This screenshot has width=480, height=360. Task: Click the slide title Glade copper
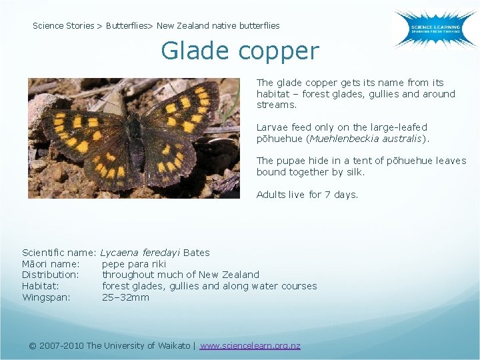click(x=240, y=51)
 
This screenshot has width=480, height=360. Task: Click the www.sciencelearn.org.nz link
click(x=250, y=345)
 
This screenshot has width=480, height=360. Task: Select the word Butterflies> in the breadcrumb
click(x=129, y=26)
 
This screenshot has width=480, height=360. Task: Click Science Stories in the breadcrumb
click(x=63, y=26)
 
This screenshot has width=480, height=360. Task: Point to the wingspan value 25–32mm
click(x=125, y=297)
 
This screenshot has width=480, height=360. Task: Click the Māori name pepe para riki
click(x=133, y=263)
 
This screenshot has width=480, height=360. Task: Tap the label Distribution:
click(x=51, y=275)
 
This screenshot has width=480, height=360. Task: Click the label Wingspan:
click(x=46, y=297)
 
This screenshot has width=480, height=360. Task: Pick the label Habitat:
click(x=41, y=286)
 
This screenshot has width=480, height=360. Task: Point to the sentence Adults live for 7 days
click(x=307, y=195)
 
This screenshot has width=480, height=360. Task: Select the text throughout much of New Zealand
click(x=180, y=275)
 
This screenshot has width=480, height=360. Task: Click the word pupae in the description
click(x=290, y=161)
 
